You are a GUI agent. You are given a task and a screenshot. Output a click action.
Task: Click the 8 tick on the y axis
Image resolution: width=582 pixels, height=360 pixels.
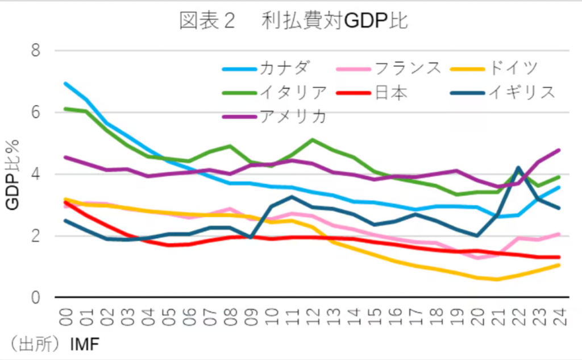37,51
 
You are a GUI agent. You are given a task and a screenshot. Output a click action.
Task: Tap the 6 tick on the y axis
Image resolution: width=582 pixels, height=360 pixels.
37,112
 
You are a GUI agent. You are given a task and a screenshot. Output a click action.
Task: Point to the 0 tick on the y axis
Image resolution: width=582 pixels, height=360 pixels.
37,297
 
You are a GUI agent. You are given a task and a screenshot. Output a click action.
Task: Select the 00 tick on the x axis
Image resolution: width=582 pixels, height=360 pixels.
66,314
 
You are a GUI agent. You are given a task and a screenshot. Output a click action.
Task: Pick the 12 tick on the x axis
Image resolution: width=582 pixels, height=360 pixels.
312,314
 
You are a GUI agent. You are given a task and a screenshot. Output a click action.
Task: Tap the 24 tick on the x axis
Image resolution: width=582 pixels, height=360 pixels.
559,314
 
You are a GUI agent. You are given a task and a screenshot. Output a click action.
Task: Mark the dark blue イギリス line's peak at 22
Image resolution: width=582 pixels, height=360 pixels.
518,167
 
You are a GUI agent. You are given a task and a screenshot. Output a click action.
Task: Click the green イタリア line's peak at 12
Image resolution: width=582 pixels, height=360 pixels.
312,139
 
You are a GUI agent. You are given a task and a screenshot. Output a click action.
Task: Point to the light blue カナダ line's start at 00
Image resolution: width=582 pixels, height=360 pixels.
66,84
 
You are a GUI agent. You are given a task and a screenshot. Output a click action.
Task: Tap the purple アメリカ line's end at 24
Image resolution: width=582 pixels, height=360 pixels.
559,150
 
